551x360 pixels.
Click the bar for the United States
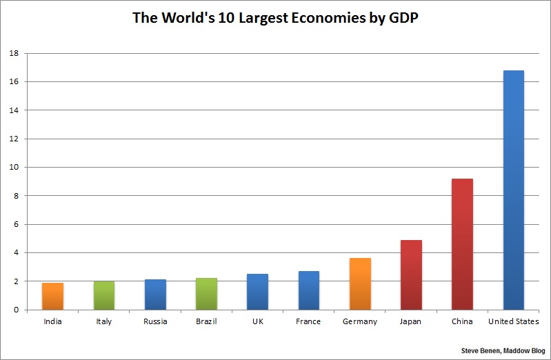514,190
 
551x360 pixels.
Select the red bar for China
462,244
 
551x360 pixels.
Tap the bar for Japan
411,274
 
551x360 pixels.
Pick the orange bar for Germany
360,283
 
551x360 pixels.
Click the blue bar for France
309,290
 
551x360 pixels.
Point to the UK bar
258,292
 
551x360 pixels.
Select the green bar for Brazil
206,294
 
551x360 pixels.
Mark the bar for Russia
155,294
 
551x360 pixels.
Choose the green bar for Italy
104,295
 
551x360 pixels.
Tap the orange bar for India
52,296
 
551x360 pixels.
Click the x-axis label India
52,321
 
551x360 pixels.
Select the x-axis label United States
514,321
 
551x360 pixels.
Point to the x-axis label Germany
360,321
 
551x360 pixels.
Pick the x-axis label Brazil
206,321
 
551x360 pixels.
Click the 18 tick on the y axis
14,53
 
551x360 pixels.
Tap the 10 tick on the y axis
14,167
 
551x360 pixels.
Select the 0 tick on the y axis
16,310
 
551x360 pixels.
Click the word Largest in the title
257,19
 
